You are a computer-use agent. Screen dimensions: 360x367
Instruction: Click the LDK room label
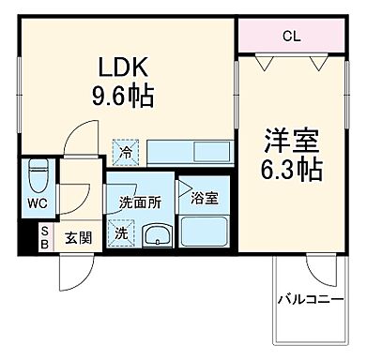(x=121, y=67)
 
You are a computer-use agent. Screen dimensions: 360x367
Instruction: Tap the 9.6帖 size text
(x=121, y=96)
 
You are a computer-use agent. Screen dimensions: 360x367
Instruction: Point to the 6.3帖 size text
(x=292, y=170)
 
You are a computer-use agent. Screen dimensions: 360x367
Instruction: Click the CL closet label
(x=292, y=37)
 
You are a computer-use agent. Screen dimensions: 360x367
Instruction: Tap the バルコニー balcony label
(x=309, y=300)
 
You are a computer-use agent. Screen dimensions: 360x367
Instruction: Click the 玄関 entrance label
(x=77, y=238)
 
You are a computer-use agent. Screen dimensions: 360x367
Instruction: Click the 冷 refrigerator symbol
(x=125, y=148)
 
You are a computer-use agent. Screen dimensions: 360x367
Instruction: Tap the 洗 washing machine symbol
(x=122, y=233)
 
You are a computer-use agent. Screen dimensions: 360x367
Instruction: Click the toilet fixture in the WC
(x=38, y=176)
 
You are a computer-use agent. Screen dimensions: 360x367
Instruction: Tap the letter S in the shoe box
(x=43, y=232)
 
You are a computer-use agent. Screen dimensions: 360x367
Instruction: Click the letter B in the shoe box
(x=43, y=244)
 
